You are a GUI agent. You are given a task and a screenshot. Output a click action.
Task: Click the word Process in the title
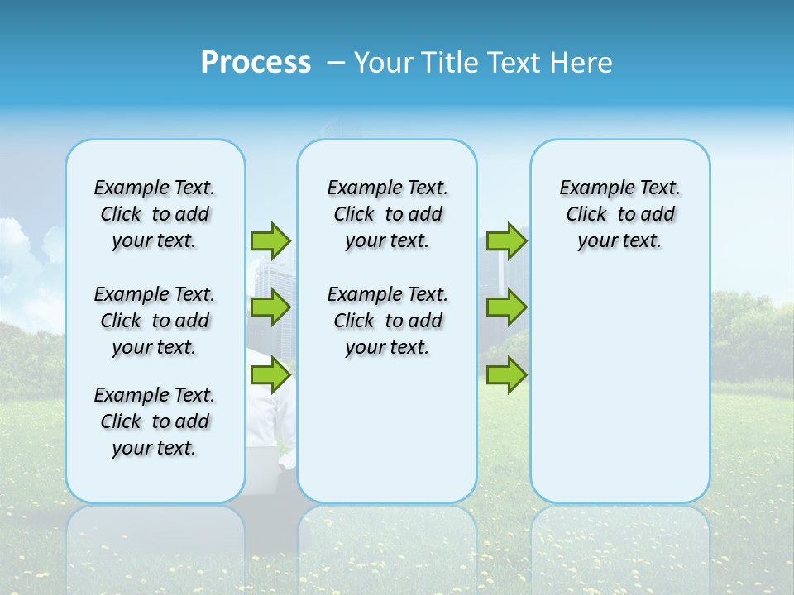point(256,63)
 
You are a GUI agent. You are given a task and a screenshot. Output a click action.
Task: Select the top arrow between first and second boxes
point(270,240)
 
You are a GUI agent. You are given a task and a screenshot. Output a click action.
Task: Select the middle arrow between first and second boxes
point(270,307)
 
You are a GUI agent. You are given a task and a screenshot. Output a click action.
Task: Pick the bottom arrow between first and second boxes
point(270,376)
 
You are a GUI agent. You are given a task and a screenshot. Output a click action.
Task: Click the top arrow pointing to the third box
point(506,240)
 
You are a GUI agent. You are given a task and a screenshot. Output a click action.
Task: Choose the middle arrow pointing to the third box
point(506,307)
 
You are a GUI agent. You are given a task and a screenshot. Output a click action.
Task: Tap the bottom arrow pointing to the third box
point(506,376)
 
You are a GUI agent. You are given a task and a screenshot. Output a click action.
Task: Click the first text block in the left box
point(155,214)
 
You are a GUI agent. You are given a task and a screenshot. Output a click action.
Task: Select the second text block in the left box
point(155,321)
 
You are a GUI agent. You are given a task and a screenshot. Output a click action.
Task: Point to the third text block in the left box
point(155,421)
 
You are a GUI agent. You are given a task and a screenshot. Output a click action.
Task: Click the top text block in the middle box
point(387,214)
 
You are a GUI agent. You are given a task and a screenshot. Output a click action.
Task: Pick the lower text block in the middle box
point(387,321)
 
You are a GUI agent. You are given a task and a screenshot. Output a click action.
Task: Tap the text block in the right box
point(620,214)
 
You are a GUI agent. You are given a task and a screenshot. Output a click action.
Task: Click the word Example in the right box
point(590,188)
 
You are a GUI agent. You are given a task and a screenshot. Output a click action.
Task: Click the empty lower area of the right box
point(620,397)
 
